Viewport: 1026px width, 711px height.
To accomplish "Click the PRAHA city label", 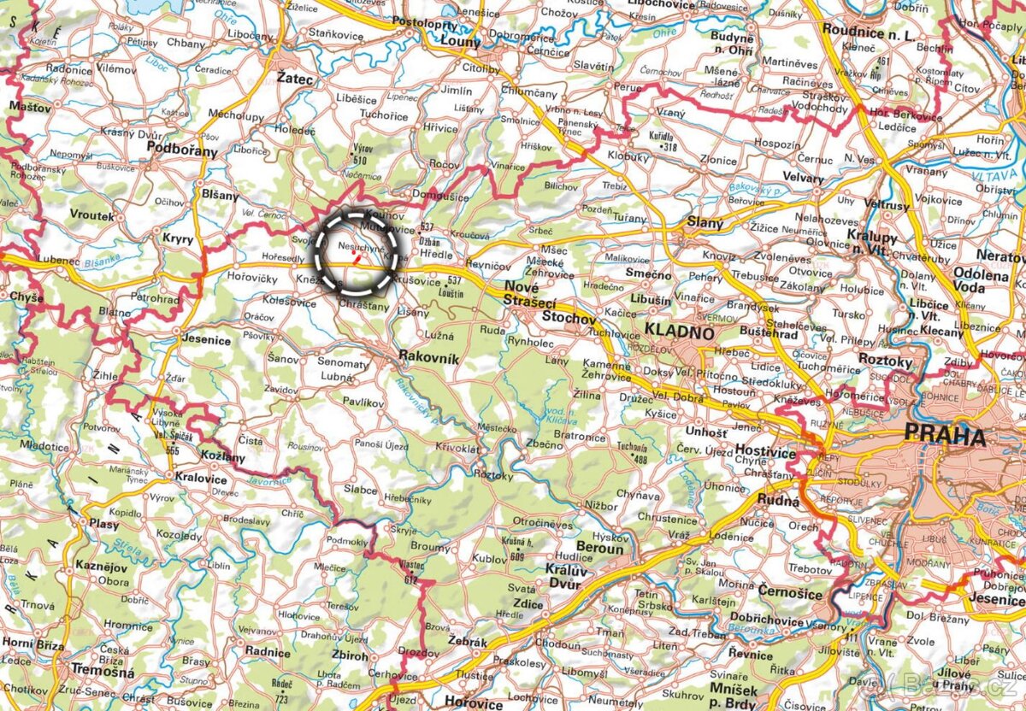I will pos(945,437).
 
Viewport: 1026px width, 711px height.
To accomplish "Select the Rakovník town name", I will pos(430,360).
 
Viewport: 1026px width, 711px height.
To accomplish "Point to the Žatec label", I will pos(296,78).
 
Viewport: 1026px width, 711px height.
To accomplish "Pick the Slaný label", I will pos(705,223).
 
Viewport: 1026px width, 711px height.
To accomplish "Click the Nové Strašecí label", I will pos(530,295).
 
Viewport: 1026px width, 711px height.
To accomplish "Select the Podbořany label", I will pos(182,149).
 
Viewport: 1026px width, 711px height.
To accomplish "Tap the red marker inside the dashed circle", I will pos(357,256).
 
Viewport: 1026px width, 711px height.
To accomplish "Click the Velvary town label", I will pos(803,179).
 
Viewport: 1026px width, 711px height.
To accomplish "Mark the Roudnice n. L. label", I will pos(868,28).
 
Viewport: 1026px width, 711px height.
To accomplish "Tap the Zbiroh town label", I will pos(351,656).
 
